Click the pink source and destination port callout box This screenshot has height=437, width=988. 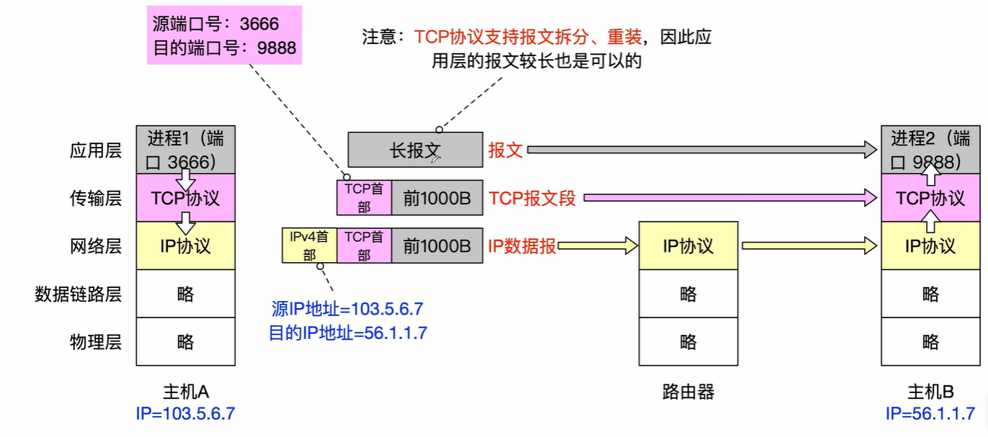pyautogui.click(x=223, y=35)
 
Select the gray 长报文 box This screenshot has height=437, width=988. pyautogui.click(x=414, y=150)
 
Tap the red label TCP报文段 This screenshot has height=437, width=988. pyautogui.click(x=533, y=198)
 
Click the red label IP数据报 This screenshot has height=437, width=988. pyautogui.click(x=522, y=245)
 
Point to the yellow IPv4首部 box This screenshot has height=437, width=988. pyautogui.click(x=308, y=245)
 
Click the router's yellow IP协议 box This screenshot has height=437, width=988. pyautogui.click(x=688, y=245)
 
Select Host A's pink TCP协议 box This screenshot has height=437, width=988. pyautogui.click(x=185, y=197)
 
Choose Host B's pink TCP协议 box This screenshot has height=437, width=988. pyautogui.click(x=930, y=197)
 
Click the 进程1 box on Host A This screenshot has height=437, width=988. pyautogui.click(x=185, y=150)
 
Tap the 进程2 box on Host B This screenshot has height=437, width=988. pyautogui.click(x=930, y=150)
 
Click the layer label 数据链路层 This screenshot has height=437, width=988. pyautogui.click(x=78, y=294)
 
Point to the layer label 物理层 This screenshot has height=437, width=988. pyautogui.click(x=95, y=341)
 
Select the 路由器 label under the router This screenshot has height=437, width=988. pyautogui.click(x=688, y=392)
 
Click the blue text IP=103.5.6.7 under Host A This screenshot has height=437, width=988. pyautogui.click(x=185, y=414)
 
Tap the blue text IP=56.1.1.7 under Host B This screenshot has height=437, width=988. pyautogui.click(x=930, y=414)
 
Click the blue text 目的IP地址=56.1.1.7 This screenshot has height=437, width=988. pyautogui.click(x=348, y=333)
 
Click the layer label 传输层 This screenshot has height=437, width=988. pyautogui.click(x=95, y=198)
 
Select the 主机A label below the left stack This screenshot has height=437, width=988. pyautogui.click(x=185, y=392)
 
